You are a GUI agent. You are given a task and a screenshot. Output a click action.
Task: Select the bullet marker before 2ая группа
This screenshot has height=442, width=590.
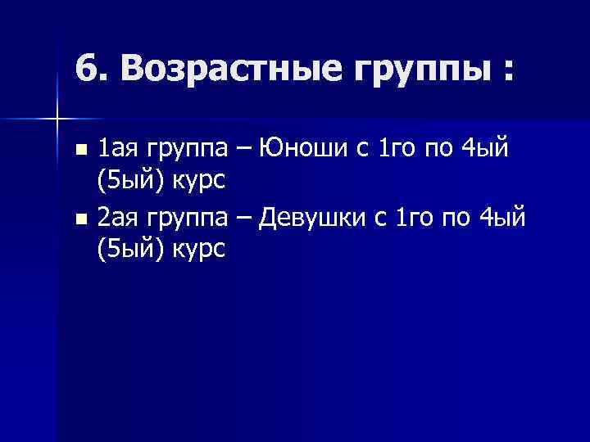[x=79, y=219]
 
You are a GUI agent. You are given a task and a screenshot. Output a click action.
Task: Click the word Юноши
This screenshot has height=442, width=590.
[x=298, y=148]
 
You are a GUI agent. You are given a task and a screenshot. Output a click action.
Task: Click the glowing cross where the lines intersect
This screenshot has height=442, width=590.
[x=57, y=120]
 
